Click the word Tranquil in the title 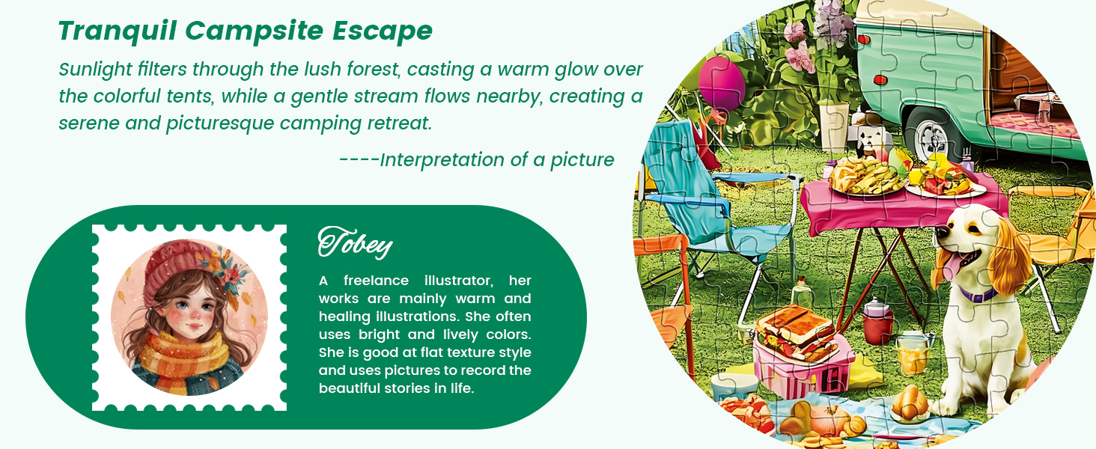tap(118, 31)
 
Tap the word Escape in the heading tap(383, 31)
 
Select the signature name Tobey tap(355, 242)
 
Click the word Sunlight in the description tap(96, 70)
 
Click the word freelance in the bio tap(376, 281)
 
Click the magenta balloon tap(721, 84)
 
